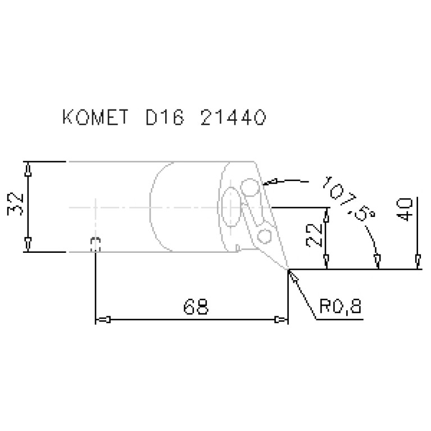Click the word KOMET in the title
(96, 117)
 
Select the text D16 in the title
(165, 117)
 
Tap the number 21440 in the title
(233, 117)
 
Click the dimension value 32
(15, 204)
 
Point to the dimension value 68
(196, 306)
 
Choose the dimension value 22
(314, 235)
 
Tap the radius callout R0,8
(341, 306)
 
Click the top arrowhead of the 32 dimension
(28, 169)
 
